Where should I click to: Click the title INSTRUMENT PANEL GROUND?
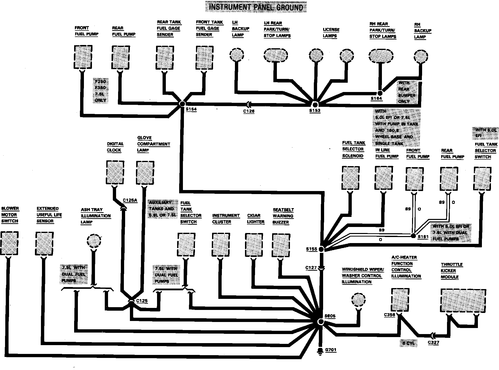click(256, 7)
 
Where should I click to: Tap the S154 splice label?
click(191, 109)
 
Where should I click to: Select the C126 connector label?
click(249, 111)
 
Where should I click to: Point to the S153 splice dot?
click(315, 104)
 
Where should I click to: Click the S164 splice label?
click(376, 99)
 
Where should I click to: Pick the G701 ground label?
click(330, 350)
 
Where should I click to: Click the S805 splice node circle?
click(320, 322)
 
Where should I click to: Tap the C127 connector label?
click(311, 268)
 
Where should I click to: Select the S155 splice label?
click(312, 249)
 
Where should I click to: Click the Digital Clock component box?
click(115, 173)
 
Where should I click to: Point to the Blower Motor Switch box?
click(9, 244)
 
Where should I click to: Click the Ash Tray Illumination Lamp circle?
click(94, 241)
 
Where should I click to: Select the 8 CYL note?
click(408, 343)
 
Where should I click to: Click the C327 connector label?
click(433, 342)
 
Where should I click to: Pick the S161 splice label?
click(423, 237)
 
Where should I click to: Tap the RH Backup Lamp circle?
click(421, 56)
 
